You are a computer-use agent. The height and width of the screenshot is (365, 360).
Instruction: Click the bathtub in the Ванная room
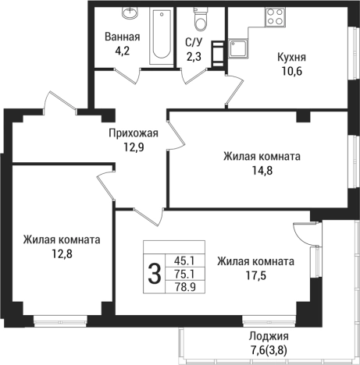161,34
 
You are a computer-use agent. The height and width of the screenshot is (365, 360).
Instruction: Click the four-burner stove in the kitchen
275,16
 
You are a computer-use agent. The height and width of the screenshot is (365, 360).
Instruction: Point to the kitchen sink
237,48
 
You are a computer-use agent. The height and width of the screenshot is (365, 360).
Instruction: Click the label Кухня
291,58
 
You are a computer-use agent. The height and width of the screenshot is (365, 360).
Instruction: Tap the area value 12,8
60,253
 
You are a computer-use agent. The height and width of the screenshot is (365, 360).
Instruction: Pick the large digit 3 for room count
155,274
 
